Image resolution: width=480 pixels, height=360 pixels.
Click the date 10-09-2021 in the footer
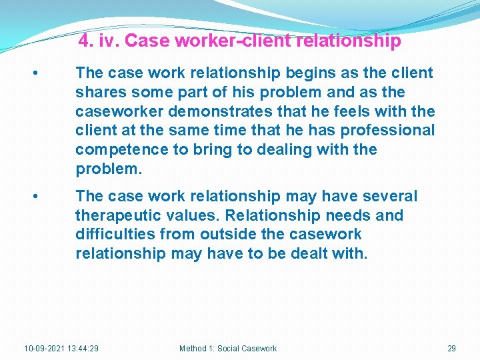44,348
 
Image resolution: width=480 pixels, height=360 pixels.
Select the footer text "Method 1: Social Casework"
228,348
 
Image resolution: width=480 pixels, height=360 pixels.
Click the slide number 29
451,348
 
